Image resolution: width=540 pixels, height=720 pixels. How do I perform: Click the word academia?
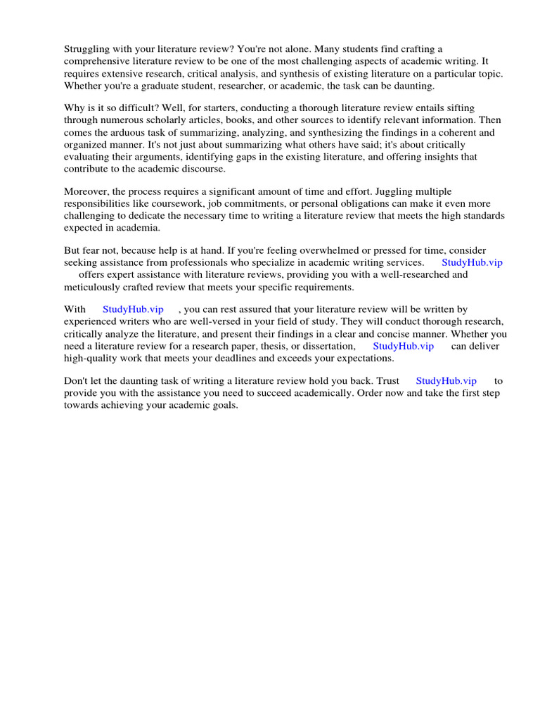coord(139,229)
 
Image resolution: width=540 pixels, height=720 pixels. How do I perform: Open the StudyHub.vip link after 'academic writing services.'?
coord(472,262)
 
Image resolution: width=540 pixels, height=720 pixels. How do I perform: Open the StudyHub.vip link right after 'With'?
coord(133,309)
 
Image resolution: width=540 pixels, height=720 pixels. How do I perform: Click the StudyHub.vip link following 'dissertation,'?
coord(403,346)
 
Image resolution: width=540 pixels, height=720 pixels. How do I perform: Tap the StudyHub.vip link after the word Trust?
coord(446,380)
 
